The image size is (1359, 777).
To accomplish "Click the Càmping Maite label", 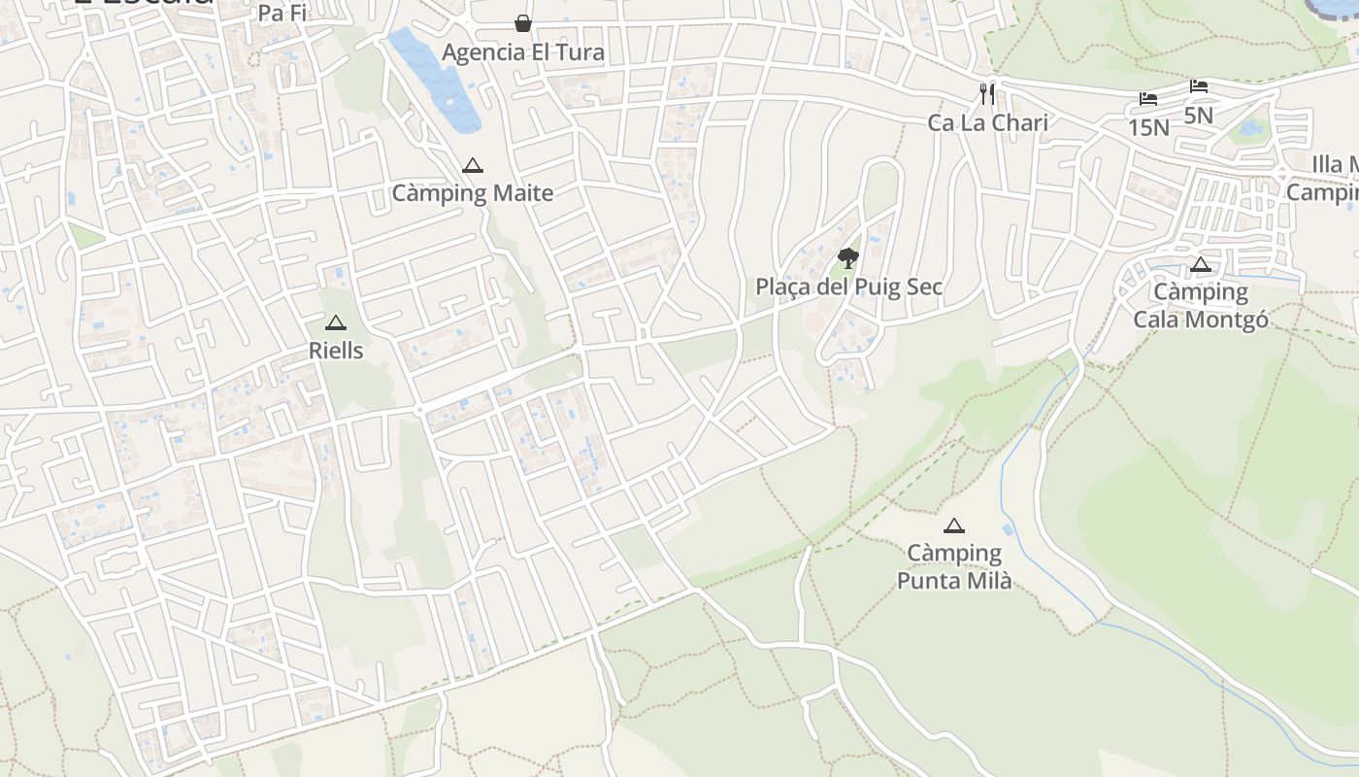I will click(x=473, y=192).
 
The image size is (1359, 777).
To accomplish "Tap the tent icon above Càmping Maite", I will click(x=473, y=166).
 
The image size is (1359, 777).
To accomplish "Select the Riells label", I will click(x=336, y=351).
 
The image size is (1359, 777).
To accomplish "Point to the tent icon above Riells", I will click(x=336, y=323).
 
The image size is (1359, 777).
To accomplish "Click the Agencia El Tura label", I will click(x=523, y=52).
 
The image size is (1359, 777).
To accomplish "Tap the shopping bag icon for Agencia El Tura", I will click(x=523, y=23).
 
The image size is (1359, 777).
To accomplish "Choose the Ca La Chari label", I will click(x=988, y=122).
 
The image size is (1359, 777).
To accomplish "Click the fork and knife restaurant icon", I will click(x=987, y=94).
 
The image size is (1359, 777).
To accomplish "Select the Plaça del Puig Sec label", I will click(x=849, y=287).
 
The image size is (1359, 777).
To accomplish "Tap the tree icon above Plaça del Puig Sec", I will click(x=848, y=257).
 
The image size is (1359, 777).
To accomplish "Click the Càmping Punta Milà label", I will click(x=954, y=567).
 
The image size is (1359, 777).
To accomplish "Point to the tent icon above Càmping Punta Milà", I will click(x=954, y=526).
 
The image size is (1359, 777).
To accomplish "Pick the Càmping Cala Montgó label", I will click(x=1201, y=305).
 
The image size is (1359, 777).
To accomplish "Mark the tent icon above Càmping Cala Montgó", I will click(x=1201, y=265).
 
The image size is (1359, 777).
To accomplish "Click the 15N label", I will click(x=1148, y=127).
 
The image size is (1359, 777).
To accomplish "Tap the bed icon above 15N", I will click(x=1148, y=99).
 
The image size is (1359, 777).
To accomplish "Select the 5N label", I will click(x=1199, y=115).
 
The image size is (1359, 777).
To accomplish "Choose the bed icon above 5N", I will click(x=1199, y=86).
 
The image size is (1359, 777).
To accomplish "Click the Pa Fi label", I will click(x=282, y=14).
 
